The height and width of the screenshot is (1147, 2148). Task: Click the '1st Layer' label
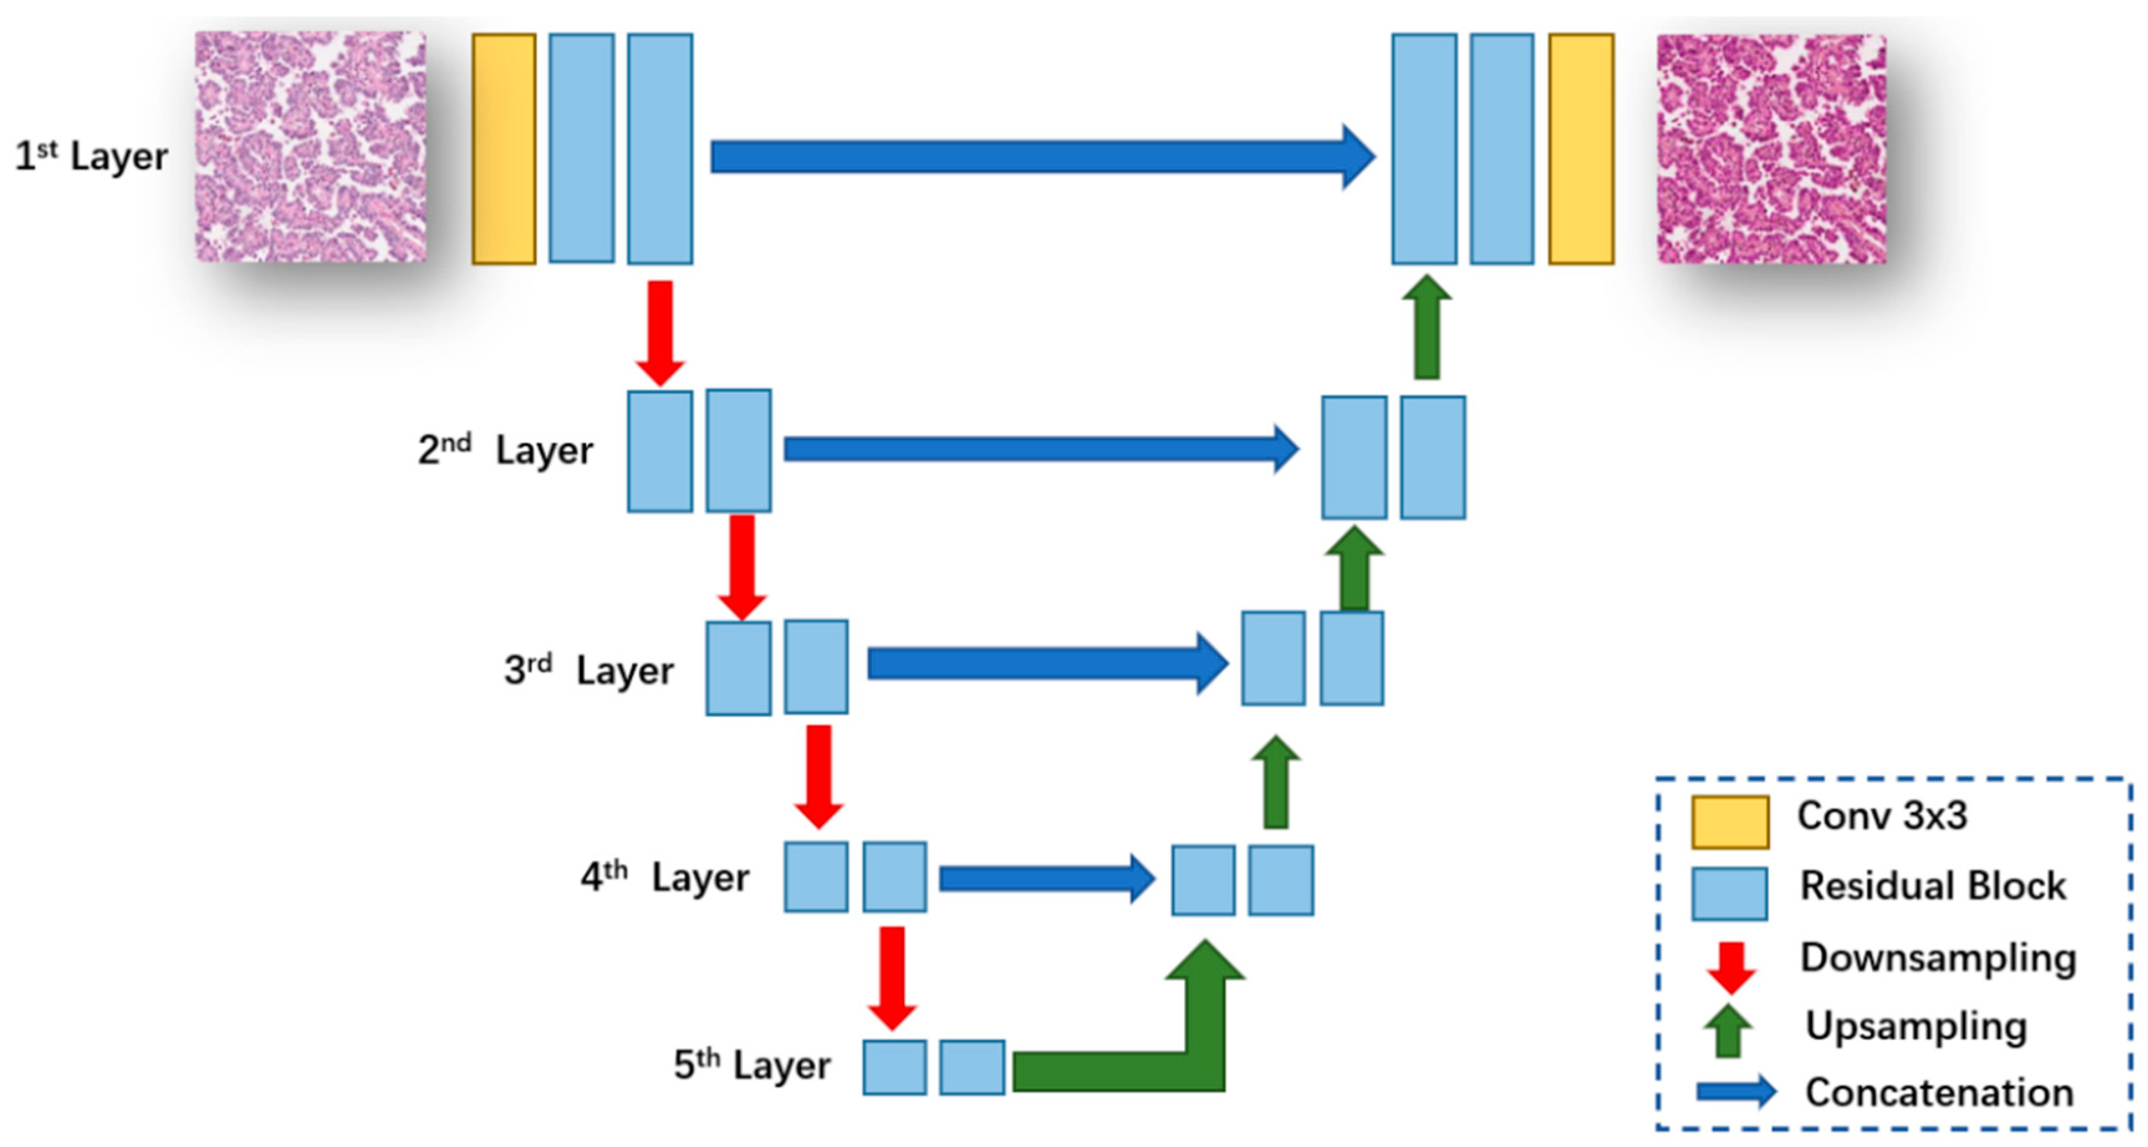(x=91, y=156)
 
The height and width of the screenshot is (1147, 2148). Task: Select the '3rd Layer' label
(x=589, y=670)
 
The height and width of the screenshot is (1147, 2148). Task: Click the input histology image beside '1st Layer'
(x=310, y=147)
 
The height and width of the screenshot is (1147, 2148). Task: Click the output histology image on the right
(x=1771, y=149)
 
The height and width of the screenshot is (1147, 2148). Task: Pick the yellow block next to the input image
(x=504, y=149)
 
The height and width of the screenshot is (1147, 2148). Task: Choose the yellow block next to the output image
(x=1581, y=149)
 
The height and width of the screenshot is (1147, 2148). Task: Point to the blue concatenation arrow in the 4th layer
(x=1042, y=878)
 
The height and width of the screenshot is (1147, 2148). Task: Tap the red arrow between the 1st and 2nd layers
(x=660, y=329)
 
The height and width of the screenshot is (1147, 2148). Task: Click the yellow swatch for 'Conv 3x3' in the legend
(x=1730, y=822)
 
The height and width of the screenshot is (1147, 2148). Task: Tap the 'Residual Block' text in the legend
(x=1933, y=886)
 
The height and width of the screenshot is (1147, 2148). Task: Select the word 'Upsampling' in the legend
(x=1916, y=1026)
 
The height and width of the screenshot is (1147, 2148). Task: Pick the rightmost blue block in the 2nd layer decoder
(x=1433, y=457)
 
